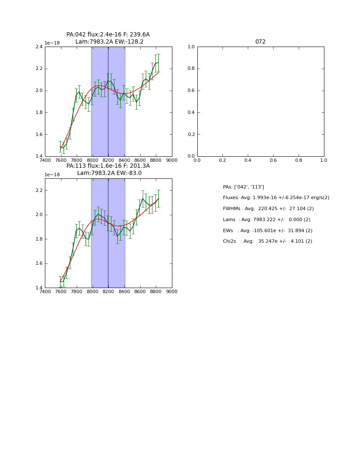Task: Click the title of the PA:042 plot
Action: pos(108,38)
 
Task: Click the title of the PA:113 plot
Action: pos(108,169)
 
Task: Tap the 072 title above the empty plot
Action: pos(260,42)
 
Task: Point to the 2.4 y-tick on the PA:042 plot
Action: pos(39,47)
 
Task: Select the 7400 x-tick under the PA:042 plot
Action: pos(45,160)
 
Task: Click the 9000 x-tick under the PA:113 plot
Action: pos(172,291)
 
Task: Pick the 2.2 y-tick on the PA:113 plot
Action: pos(39,190)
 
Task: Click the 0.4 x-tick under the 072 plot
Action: pos(248,160)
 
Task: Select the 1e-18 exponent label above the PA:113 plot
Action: pos(52,175)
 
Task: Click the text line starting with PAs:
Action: pos(244,187)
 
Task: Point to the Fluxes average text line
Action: pos(276,198)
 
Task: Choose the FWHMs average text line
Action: pos(269,209)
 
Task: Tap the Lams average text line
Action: pos(267,220)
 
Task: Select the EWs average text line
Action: pos(268,231)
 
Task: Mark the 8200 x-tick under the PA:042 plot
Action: pos(108,160)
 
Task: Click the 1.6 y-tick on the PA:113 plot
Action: pos(39,264)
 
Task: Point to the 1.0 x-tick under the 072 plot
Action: pos(324,160)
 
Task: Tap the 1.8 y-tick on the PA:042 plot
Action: pos(39,113)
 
